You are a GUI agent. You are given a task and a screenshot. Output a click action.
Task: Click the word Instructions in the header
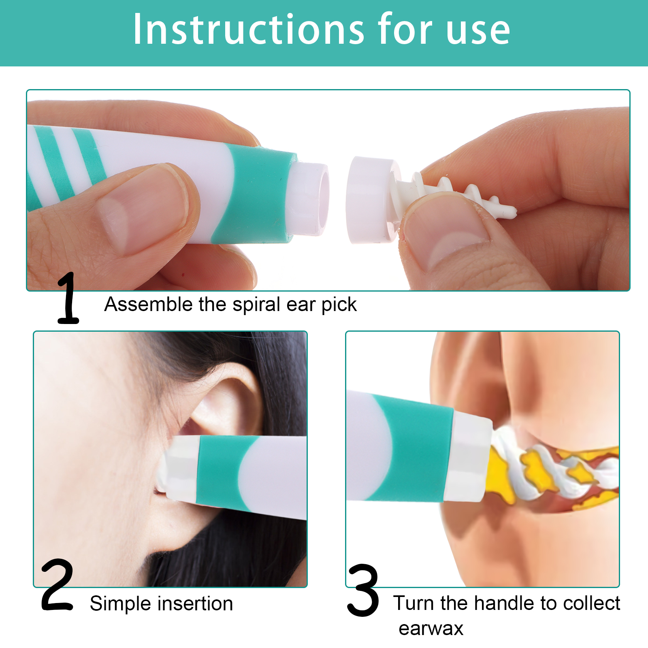tap(249, 29)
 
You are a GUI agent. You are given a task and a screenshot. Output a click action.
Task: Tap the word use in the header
tap(478, 32)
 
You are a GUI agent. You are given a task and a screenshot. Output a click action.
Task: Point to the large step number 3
tap(363, 590)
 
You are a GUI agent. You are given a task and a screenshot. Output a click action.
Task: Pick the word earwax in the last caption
tap(431, 629)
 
